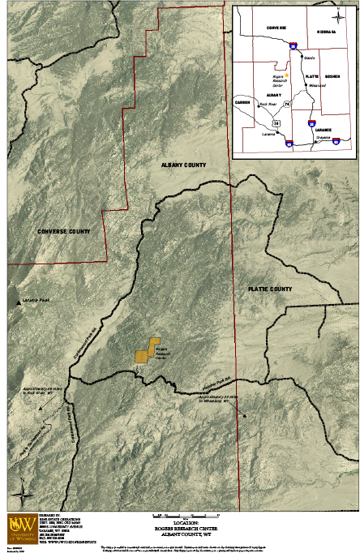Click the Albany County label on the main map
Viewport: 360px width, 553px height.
pos(183,165)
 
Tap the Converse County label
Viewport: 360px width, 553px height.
pos(74,231)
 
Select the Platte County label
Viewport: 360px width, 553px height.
pos(269,289)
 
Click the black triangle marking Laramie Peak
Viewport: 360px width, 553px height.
pos(19,301)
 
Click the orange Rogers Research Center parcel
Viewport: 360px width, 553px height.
pos(146,350)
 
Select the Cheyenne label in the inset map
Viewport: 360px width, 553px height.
pos(325,138)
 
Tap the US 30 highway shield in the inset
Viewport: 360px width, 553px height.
pos(276,123)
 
